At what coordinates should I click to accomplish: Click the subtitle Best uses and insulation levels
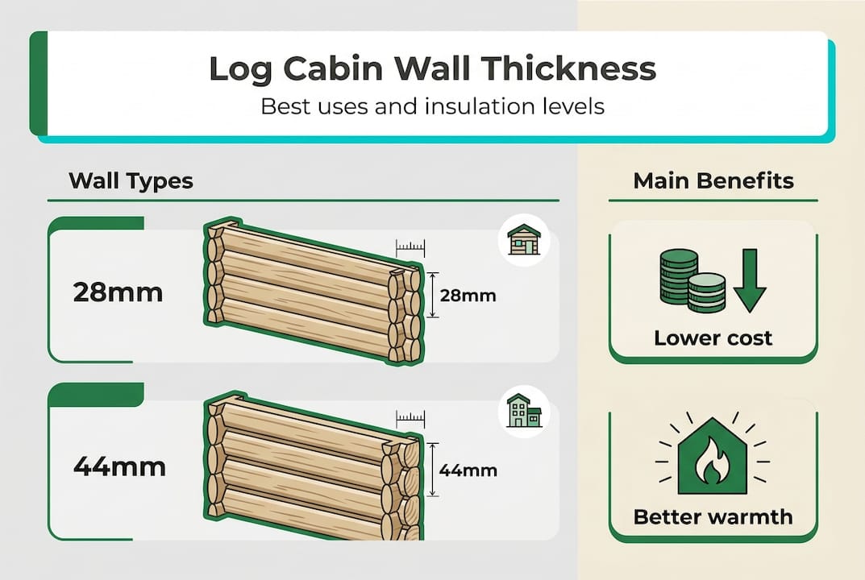pos(432,106)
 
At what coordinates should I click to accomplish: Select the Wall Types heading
pos(131,180)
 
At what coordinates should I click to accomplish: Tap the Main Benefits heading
pos(713,180)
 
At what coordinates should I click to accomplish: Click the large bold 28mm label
pos(118,292)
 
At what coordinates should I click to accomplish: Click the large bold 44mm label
pos(119,466)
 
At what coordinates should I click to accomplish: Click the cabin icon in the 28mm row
pos(524,239)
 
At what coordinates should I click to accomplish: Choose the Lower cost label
pos(713,338)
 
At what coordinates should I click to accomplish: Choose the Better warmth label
pos(713,516)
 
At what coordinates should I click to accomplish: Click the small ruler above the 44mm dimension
pos(410,418)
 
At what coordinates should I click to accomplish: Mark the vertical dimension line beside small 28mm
pos(434,295)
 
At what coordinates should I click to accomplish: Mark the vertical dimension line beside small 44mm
pos(434,469)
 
